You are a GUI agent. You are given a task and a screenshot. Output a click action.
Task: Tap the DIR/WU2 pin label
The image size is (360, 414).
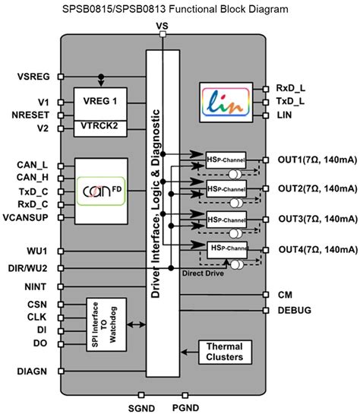(x=33, y=267)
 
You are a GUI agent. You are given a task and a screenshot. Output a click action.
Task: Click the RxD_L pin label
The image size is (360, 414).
(x=292, y=87)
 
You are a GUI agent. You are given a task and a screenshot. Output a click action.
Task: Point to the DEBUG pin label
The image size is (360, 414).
(x=295, y=310)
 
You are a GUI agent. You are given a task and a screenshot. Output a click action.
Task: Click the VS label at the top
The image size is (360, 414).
(x=161, y=27)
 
